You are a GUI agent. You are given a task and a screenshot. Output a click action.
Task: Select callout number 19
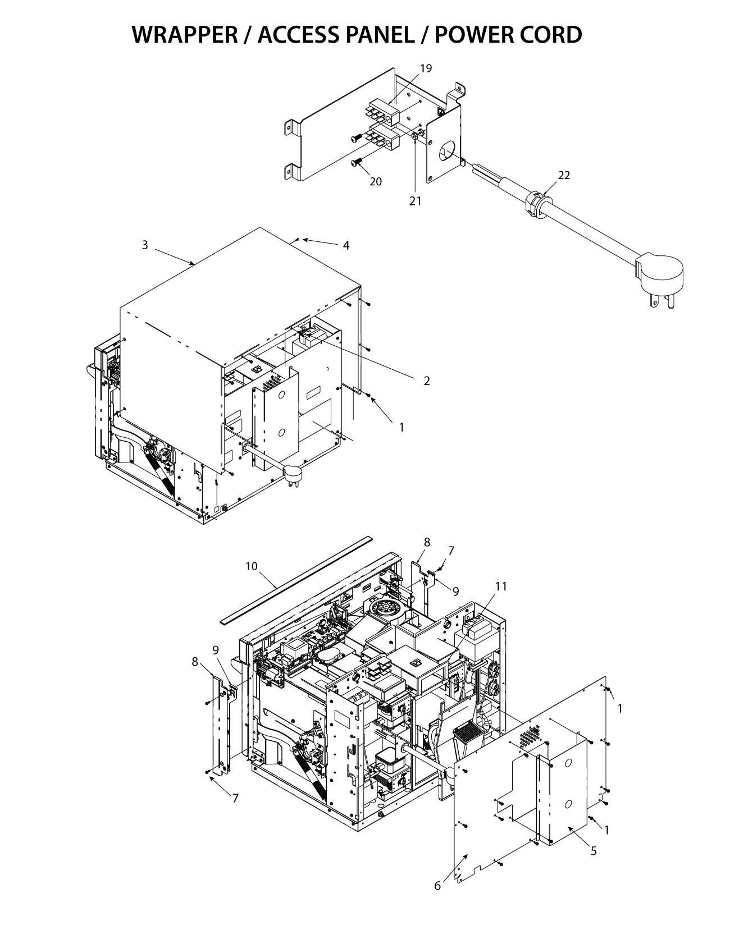click(426, 68)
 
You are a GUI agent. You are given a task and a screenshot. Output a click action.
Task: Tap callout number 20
click(375, 182)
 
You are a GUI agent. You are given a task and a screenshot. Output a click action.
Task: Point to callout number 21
click(414, 201)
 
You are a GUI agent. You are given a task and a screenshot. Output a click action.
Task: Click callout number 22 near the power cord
click(564, 176)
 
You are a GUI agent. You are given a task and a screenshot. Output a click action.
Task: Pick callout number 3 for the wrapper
click(145, 245)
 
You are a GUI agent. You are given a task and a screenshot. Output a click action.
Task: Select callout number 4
click(346, 246)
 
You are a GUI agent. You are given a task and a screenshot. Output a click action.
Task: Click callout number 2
click(426, 381)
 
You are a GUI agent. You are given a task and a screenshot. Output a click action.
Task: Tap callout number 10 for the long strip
click(251, 566)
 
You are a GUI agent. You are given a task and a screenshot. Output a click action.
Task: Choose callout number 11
click(500, 586)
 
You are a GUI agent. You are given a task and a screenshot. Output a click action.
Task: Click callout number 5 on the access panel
click(594, 851)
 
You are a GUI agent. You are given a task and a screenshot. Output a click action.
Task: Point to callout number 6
click(437, 886)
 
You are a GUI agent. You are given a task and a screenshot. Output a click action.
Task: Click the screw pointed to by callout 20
click(356, 163)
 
